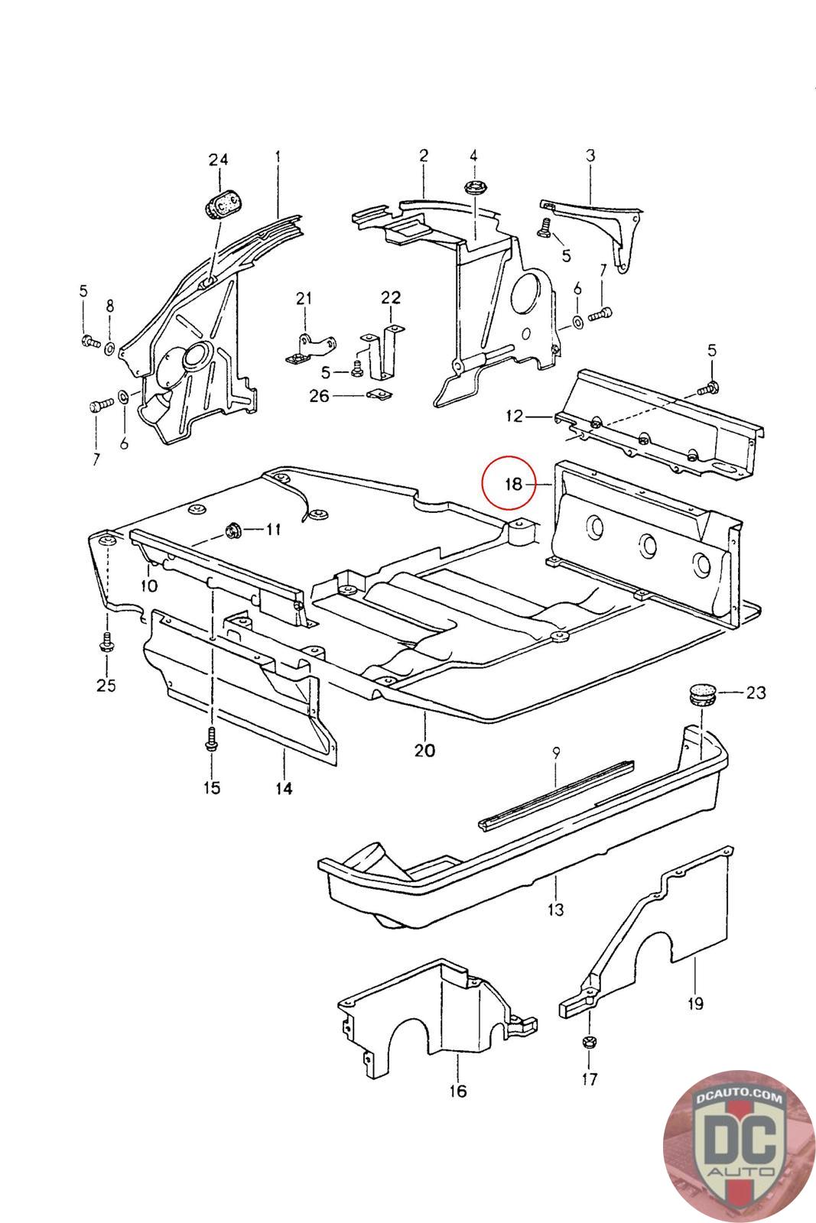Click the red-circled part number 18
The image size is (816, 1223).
click(513, 484)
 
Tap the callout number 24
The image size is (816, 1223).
click(218, 160)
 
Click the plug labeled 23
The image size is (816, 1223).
click(702, 695)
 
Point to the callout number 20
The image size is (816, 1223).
click(424, 750)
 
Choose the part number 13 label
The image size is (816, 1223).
click(555, 909)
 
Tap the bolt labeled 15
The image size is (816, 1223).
click(211, 740)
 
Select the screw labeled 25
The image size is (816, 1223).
click(106, 642)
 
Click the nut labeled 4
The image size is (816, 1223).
click(473, 189)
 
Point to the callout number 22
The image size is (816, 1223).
click(391, 297)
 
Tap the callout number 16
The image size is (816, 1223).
click(457, 1091)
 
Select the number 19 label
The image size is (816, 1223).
click(695, 1003)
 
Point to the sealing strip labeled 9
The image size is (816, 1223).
click(557, 794)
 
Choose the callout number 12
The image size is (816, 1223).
click(514, 416)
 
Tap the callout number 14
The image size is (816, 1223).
click(284, 788)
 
